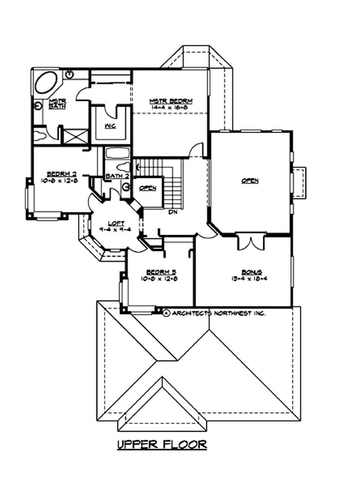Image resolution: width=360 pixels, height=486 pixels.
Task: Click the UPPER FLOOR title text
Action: [162, 445]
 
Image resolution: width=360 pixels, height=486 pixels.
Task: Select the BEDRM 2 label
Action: [58, 173]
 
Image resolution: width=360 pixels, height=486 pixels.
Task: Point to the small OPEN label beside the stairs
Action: [147, 188]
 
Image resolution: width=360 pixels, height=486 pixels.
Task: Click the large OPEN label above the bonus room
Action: [250, 181]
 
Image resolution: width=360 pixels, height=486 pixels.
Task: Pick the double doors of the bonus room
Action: [249, 241]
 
